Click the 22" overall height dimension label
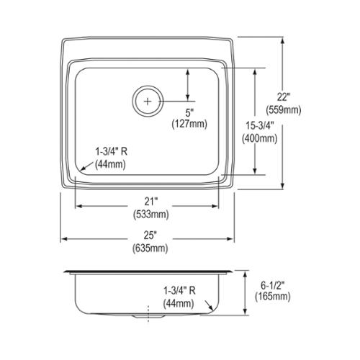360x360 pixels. [x=284, y=97]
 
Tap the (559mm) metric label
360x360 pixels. [x=284, y=110]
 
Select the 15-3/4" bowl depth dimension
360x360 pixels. [x=260, y=126]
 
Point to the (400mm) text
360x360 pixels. [x=260, y=138]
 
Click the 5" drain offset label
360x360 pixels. [x=189, y=112]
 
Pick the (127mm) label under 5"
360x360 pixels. [x=189, y=124]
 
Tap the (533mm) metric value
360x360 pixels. [x=151, y=214]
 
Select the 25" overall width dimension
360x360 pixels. [x=150, y=235]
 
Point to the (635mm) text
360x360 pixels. [x=150, y=248]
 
